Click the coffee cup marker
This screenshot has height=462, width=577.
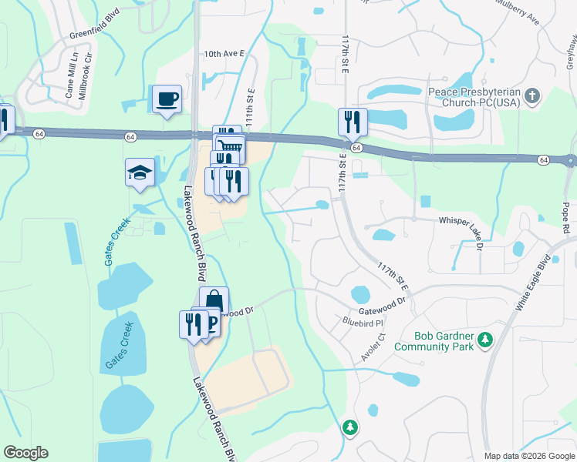coord(167,99)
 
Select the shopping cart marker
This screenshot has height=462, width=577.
coord(230,147)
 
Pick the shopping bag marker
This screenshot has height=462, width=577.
coord(214,301)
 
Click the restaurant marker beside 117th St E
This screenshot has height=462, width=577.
coord(353,122)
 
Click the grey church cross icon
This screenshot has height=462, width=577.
coord(531,97)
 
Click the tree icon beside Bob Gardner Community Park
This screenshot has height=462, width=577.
coord(485,340)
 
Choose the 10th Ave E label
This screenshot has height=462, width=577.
coord(223,55)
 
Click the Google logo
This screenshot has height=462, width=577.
coord(25,453)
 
